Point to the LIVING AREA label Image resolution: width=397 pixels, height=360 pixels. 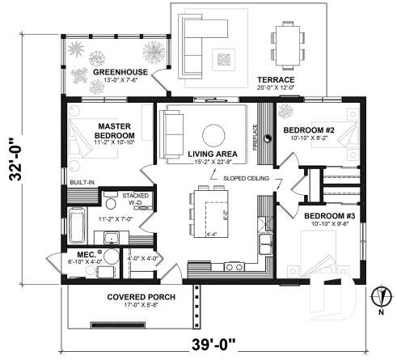pyautogui.click(x=213, y=154)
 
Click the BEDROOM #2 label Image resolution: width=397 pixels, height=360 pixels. pyautogui.click(x=310, y=129)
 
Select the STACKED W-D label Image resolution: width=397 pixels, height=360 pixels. pyautogui.click(x=134, y=199)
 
